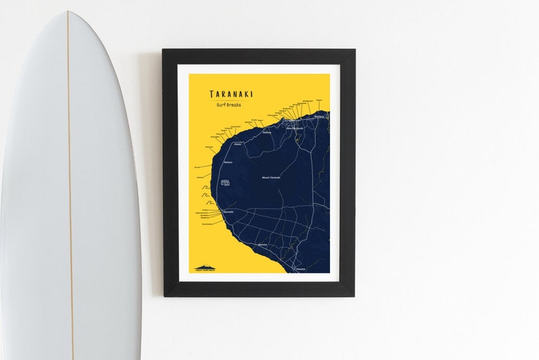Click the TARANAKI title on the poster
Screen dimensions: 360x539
tap(231, 94)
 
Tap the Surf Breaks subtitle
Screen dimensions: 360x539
tap(231, 105)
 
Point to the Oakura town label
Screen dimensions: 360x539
tap(267, 133)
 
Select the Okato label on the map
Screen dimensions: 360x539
tap(238, 144)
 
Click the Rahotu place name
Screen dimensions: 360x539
tap(228, 162)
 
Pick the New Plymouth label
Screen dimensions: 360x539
tap(294, 128)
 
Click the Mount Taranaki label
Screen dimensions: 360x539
tap(271, 177)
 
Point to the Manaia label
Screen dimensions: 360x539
tap(263, 245)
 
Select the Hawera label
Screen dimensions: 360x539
tap(301, 268)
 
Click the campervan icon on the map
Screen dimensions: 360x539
tap(225, 183)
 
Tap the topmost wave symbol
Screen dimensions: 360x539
tap(206, 186)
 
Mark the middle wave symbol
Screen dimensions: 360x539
tap(206, 195)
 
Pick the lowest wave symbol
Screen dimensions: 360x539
tap(206, 203)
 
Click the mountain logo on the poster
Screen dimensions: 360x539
tap(206, 268)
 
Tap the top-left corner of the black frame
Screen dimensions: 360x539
tap(164, 50)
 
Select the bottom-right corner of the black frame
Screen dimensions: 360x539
tap(353, 295)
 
